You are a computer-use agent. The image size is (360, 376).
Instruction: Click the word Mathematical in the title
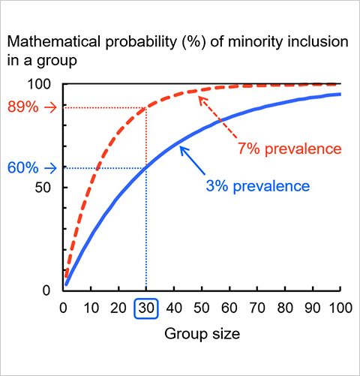click(54, 41)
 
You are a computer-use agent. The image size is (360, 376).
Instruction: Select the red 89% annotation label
click(23, 107)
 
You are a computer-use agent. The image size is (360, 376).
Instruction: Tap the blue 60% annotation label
click(23, 168)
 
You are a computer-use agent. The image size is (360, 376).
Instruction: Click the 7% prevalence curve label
click(289, 149)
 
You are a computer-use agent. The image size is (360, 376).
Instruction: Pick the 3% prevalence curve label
click(258, 187)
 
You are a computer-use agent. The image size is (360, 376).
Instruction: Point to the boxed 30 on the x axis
click(146, 308)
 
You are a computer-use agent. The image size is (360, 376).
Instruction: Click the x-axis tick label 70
click(257, 308)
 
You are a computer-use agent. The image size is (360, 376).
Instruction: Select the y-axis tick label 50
click(43, 188)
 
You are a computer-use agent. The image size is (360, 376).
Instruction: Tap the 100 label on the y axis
click(39, 84)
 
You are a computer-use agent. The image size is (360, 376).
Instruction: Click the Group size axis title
click(202, 334)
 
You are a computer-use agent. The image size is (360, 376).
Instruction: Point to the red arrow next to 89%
click(51, 108)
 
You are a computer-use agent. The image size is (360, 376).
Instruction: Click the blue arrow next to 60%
click(51, 168)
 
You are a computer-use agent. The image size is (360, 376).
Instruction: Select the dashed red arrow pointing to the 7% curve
click(217, 117)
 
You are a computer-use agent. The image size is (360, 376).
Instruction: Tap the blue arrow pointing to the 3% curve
click(193, 160)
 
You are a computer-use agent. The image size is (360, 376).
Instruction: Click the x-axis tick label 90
click(313, 308)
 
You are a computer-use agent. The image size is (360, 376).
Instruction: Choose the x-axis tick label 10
click(91, 308)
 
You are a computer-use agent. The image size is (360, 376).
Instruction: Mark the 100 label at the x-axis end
click(340, 308)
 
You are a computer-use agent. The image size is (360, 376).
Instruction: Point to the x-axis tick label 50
click(202, 308)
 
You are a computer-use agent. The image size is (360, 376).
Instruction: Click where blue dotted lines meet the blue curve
click(146, 168)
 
